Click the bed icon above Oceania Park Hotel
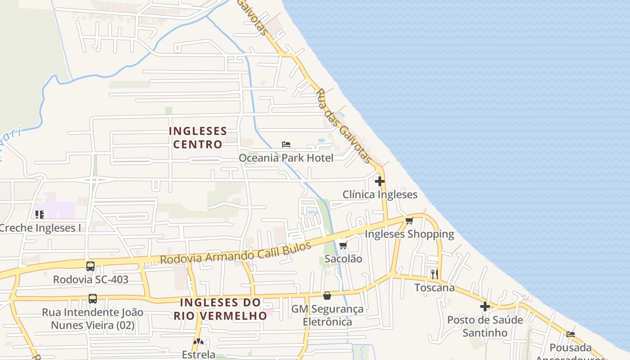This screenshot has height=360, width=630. click(286, 144)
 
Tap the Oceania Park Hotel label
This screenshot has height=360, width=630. click(286, 158)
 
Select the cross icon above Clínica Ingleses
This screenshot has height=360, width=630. click(380, 181)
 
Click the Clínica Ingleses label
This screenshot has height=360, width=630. click(380, 195)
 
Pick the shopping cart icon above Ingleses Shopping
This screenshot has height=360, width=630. click(409, 220)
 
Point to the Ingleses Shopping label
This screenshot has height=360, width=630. click(409, 234)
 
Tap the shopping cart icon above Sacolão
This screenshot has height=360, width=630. click(343, 245)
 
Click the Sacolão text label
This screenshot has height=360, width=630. click(343, 259)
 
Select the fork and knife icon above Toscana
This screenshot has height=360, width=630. click(434, 274)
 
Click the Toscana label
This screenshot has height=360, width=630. click(434, 288)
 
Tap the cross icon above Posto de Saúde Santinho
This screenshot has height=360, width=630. click(485, 306)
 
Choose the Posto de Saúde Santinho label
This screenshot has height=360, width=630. click(485, 326)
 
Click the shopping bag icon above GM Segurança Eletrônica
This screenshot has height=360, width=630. click(327, 296)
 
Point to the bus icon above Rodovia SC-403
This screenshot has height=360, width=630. click(90, 266)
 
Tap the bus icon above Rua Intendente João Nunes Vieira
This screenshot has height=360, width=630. click(92, 299)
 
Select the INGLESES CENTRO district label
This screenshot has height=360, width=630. click(198, 138)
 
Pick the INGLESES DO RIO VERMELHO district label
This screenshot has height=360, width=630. click(220, 309)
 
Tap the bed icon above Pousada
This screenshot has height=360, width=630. click(571, 334)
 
